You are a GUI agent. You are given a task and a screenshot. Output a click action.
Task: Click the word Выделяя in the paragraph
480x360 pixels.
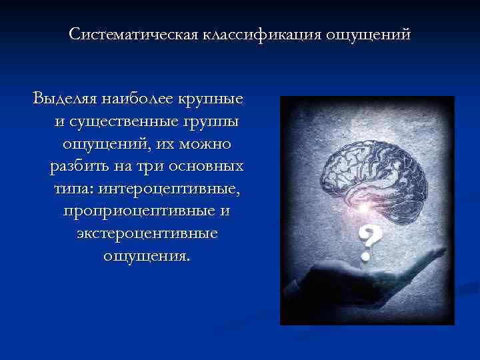point(63,100)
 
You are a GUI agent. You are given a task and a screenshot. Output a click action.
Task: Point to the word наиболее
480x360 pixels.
point(138,100)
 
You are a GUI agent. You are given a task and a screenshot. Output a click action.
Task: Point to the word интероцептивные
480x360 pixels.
point(169,189)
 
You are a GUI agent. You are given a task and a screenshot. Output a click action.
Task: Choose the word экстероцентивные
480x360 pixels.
point(147,235)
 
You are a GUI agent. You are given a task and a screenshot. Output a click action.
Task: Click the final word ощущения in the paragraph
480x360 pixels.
point(147,256)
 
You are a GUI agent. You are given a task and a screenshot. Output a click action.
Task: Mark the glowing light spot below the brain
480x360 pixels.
point(363,209)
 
